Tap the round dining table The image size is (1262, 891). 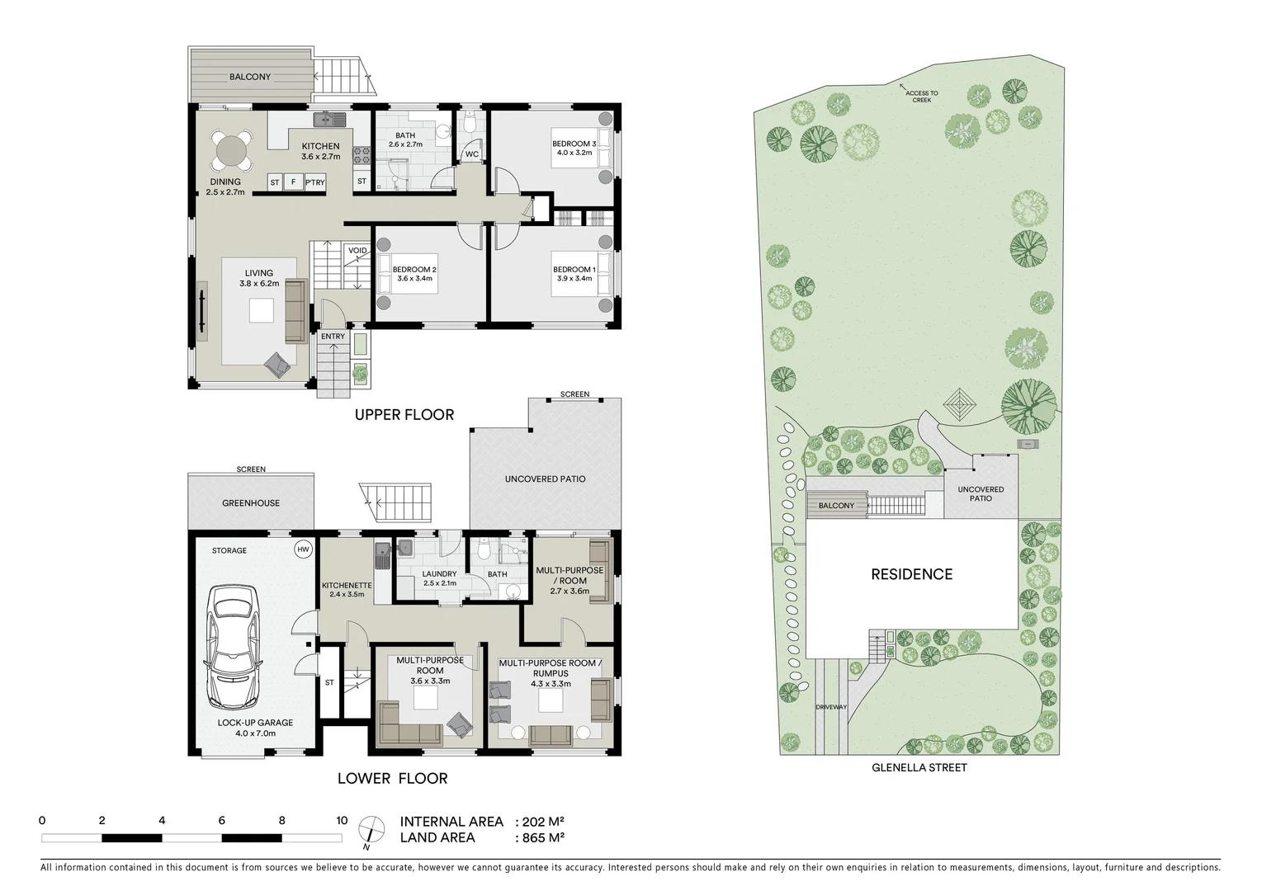(231, 151)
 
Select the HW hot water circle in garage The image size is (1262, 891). (302, 549)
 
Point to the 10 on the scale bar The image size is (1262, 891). (341, 821)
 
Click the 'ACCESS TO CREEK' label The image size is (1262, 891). (921, 97)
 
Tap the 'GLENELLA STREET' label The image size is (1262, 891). (919, 767)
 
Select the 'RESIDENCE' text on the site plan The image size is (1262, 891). (911, 574)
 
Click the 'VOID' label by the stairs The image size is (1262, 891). (357, 251)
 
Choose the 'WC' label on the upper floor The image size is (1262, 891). (472, 154)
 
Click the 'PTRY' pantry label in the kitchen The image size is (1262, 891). (314, 182)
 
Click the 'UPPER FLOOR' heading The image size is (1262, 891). (404, 414)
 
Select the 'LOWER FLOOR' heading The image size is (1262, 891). (392, 778)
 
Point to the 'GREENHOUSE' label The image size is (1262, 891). (251, 503)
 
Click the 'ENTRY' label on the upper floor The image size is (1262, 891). (333, 337)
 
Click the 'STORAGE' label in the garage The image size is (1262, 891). (229, 550)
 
